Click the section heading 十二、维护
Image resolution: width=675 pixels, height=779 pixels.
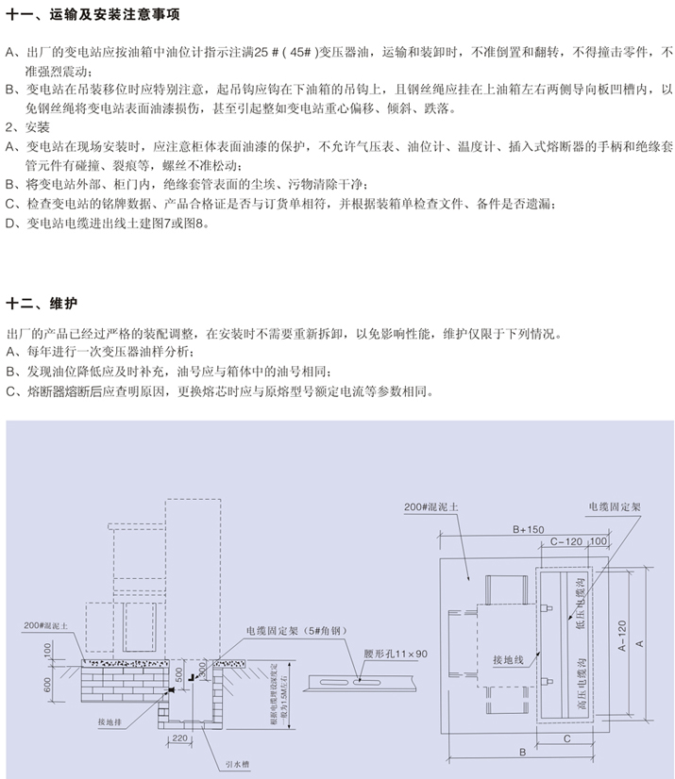42,304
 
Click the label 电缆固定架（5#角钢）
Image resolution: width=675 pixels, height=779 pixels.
295,629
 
